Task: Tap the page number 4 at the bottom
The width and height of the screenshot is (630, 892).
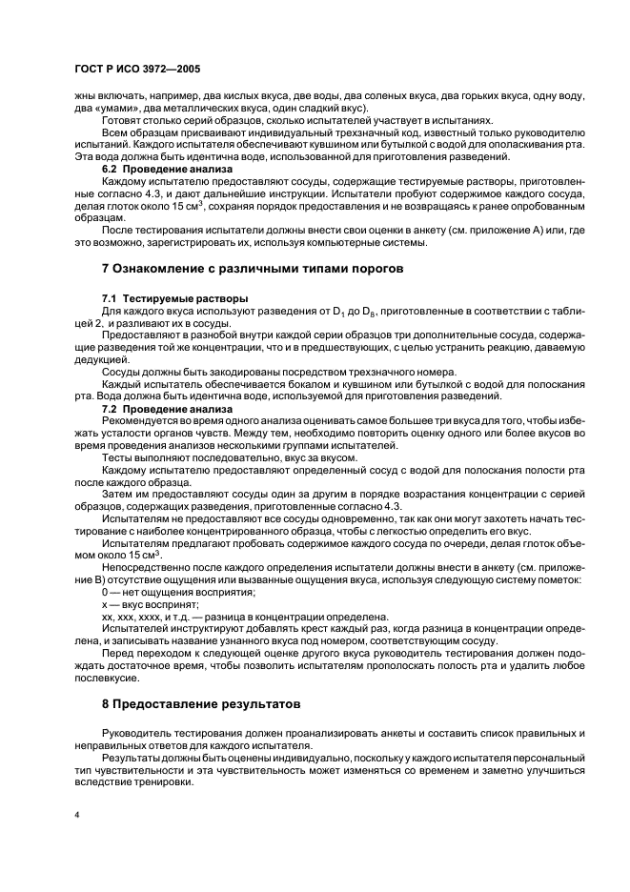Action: tap(77, 816)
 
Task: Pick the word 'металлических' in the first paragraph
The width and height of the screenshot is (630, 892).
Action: tap(160, 108)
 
